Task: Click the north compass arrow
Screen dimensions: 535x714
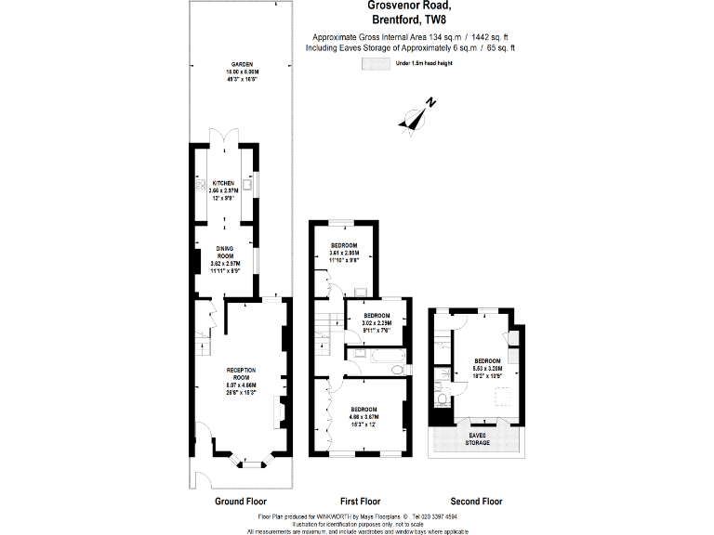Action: [x=415, y=115]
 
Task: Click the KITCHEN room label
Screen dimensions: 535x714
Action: [x=224, y=183]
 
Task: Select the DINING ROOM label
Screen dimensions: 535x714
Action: [x=224, y=252]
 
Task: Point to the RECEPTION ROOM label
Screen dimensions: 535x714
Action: [x=241, y=372]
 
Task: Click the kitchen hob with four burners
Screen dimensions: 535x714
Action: [x=200, y=186]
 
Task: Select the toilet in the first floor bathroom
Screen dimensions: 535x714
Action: [x=398, y=370]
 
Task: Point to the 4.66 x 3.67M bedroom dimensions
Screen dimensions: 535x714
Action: [x=364, y=417]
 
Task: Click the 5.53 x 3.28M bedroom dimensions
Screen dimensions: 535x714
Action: [x=487, y=367]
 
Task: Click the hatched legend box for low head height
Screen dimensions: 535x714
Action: [x=376, y=63]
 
